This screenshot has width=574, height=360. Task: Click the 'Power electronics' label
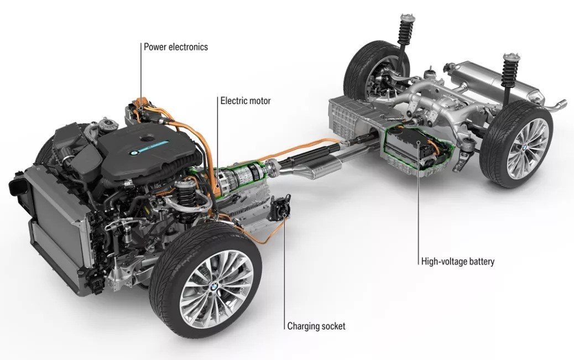pyautogui.click(x=176, y=47)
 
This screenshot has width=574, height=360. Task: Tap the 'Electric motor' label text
pyautogui.click(x=246, y=101)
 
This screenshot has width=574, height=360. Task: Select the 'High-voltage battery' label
pyautogui.click(x=458, y=262)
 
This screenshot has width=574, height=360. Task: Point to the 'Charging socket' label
pyautogui.click(x=316, y=326)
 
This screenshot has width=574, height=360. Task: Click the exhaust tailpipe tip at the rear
pyautogui.click(x=559, y=104)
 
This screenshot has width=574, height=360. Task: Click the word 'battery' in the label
pyautogui.click(x=480, y=262)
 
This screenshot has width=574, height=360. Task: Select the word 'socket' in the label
pyautogui.click(x=332, y=326)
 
